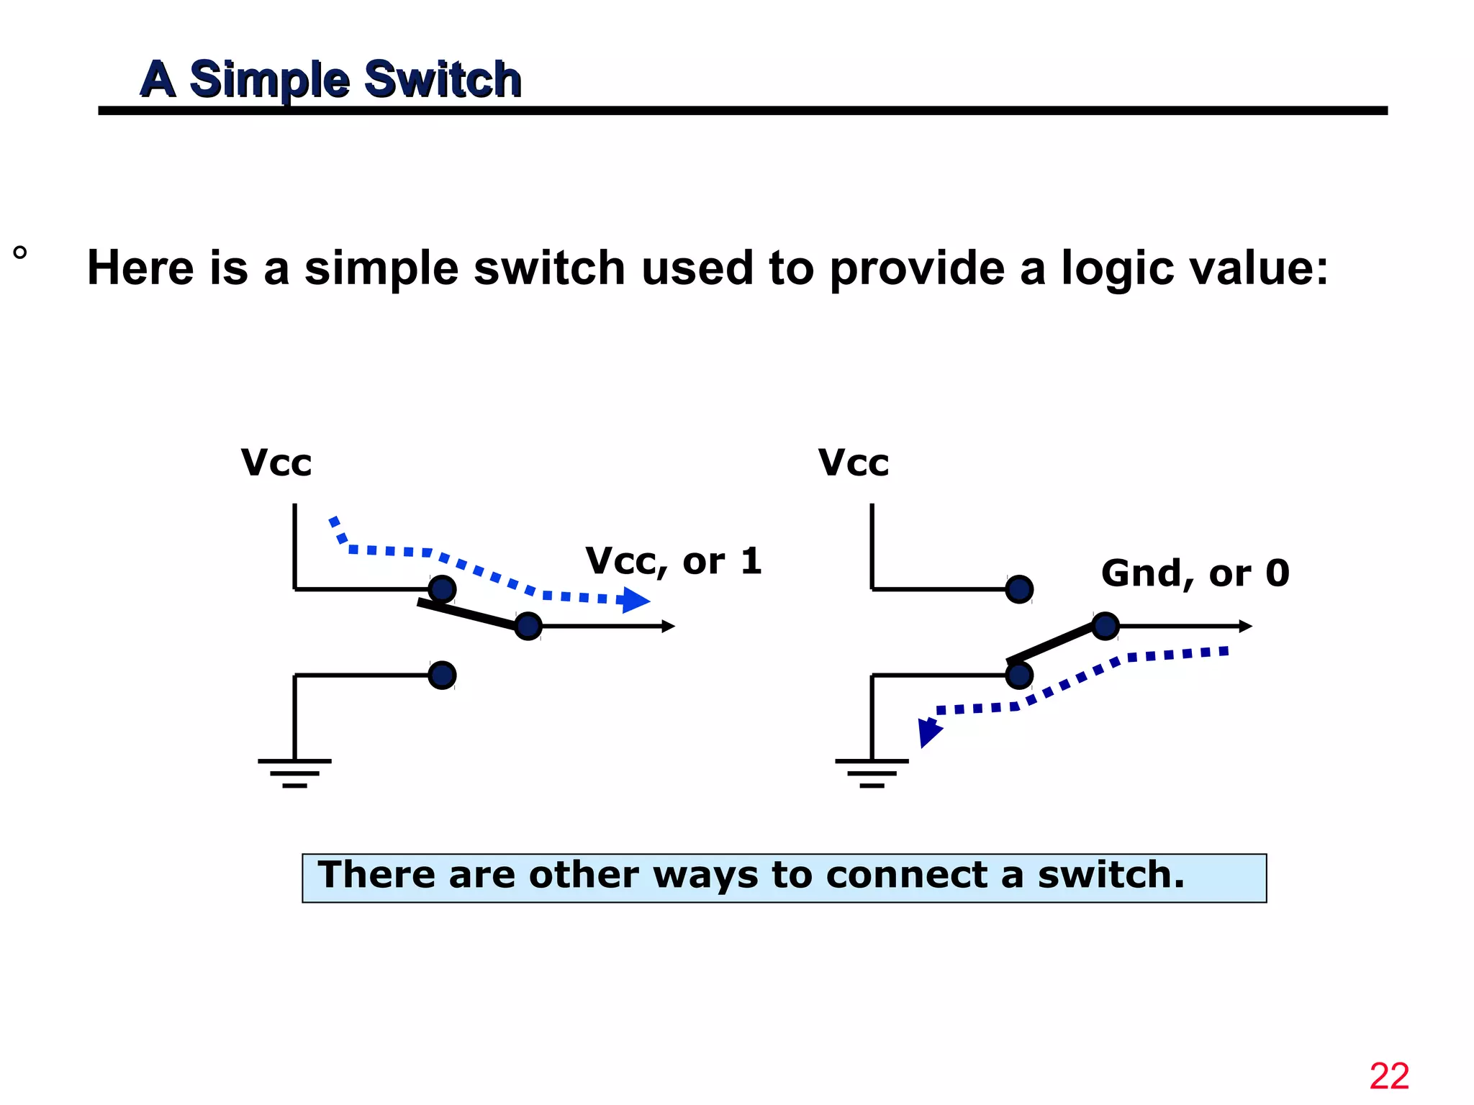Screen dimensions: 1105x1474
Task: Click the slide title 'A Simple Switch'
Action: pyautogui.click(x=330, y=78)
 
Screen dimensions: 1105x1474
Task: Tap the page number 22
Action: pyautogui.click(x=1388, y=1077)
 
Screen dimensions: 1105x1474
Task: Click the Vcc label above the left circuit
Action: pyautogui.click(x=276, y=463)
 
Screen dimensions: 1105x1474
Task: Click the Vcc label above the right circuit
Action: pyautogui.click(x=853, y=463)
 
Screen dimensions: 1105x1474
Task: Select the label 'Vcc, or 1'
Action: pyautogui.click(x=673, y=561)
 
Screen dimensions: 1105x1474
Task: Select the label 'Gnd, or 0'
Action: pyautogui.click(x=1195, y=573)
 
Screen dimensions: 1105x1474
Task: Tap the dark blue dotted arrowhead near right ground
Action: pyautogui.click(x=929, y=732)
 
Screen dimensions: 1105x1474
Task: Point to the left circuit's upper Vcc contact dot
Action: pyautogui.click(x=442, y=589)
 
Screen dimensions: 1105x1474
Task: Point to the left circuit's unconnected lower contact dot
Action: pyautogui.click(x=442, y=675)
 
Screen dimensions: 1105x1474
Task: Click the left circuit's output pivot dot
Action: pyautogui.click(x=528, y=626)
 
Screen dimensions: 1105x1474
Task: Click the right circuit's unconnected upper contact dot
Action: pyautogui.click(x=1019, y=589)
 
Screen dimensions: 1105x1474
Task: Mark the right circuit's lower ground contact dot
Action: pyautogui.click(x=1019, y=675)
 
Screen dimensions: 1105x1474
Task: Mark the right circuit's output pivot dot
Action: pyautogui.click(x=1105, y=626)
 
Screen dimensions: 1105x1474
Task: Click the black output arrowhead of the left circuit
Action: pyautogui.click(x=669, y=627)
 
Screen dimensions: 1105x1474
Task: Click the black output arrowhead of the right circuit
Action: pyautogui.click(x=1246, y=627)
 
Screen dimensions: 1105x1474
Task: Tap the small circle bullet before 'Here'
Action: pyautogui.click(x=20, y=253)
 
